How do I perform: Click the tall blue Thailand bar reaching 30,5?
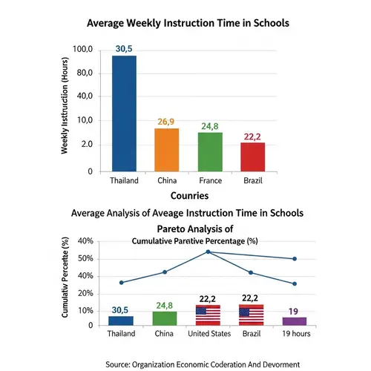[124, 114]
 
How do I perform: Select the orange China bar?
[166, 150]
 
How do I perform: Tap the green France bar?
[210, 152]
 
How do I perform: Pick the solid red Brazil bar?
[253, 157]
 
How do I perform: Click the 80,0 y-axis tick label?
[82, 73]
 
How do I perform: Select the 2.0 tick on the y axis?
[83, 144]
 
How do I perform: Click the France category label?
[210, 180]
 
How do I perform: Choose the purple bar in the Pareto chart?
[295, 321]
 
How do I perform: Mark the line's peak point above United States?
[208, 252]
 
